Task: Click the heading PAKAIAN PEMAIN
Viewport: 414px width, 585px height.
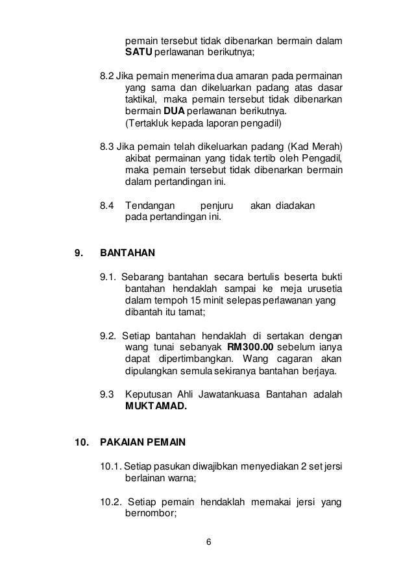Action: (143, 444)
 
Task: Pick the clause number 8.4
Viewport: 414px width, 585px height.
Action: (107, 206)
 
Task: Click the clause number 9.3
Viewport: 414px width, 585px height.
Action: (107, 394)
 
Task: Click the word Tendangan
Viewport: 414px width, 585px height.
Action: (151, 206)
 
